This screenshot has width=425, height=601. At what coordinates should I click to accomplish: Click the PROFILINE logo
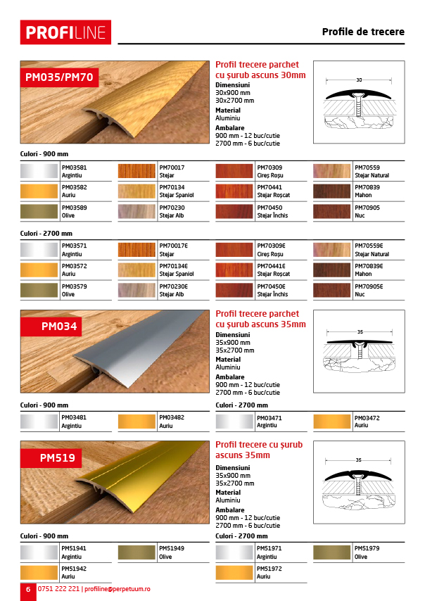pyautogui.click(x=65, y=32)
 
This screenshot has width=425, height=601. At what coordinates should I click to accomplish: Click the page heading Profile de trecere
pyautogui.click(x=362, y=32)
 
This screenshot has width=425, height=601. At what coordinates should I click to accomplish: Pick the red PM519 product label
pyautogui.click(x=57, y=457)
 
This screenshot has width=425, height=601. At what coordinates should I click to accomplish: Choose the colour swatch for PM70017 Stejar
pyautogui.click(x=136, y=171)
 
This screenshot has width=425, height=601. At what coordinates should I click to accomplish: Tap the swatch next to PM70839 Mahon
pyautogui.click(x=331, y=191)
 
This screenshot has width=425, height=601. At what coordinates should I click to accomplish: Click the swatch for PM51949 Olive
pyautogui.click(x=136, y=552)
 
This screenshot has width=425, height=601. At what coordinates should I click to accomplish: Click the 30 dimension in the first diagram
pyautogui.click(x=359, y=80)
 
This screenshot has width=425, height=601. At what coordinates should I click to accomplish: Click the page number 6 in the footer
pyautogui.click(x=28, y=589)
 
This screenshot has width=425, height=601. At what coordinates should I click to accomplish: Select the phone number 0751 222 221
pyautogui.click(x=58, y=589)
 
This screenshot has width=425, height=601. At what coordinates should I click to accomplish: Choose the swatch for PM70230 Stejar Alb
pyautogui.click(x=136, y=210)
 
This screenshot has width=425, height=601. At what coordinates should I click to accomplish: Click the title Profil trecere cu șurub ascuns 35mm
pyautogui.click(x=259, y=450)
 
